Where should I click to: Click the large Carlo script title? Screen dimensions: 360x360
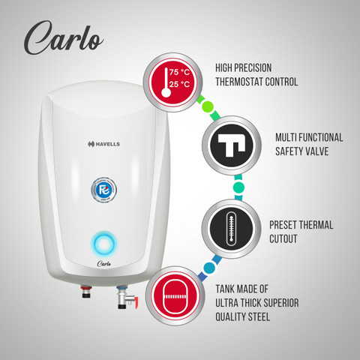click(x=63, y=37)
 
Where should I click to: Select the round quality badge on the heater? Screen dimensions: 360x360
click(x=104, y=188)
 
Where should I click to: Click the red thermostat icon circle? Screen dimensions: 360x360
click(x=173, y=82)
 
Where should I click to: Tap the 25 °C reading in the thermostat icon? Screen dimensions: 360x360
click(x=181, y=85)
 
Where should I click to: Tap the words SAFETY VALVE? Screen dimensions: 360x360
click(x=304, y=153)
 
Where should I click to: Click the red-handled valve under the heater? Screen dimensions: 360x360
click(x=120, y=299)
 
